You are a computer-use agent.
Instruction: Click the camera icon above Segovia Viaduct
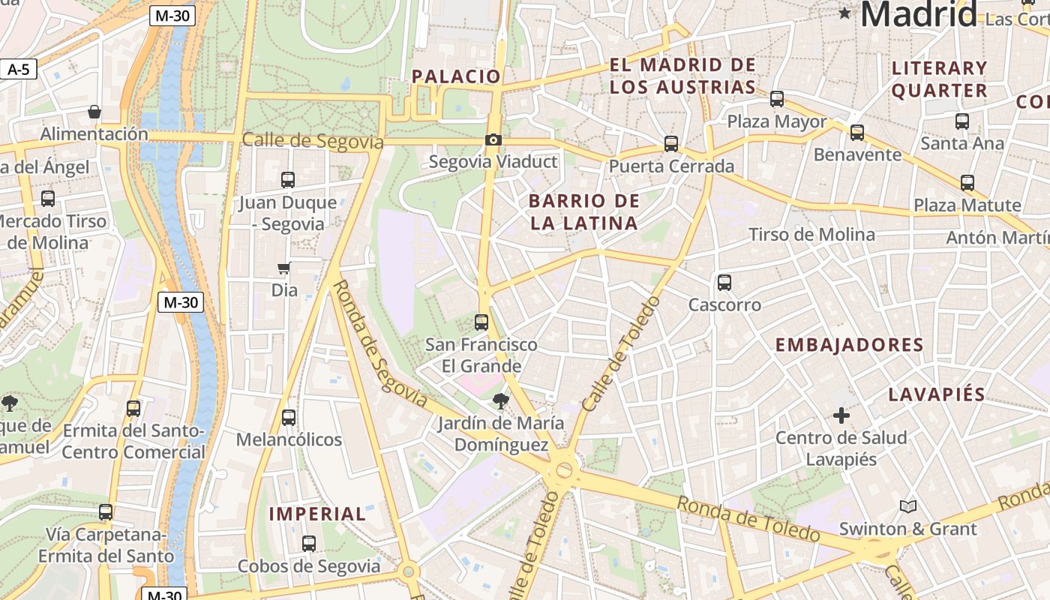[x=493, y=139]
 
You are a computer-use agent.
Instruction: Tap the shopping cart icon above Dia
[x=283, y=268]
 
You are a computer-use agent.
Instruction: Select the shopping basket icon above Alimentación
[x=94, y=112]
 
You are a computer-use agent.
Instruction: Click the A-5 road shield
[x=18, y=70]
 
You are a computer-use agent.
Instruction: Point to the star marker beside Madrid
[x=845, y=13]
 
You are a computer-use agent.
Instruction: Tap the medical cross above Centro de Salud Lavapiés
[x=841, y=415]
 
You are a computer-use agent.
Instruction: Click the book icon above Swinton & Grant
[x=908, y=506]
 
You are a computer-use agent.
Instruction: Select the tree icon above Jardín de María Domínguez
[x=500, y=401]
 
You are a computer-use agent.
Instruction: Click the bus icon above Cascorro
[x=724, y=283]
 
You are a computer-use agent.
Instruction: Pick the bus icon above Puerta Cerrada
[x=671, y=143]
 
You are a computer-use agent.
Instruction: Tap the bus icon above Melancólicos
[x=289, y=418]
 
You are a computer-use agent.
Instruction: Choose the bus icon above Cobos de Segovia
[x=308, y=544]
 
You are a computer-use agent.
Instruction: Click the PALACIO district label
[x=456, y=76]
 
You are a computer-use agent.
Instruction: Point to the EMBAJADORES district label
[x=849, y=345]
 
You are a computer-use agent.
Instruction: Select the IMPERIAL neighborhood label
[x=317, y=514]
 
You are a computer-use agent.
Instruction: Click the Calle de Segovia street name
[x=313, y=141]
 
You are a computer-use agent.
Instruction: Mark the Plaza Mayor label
[x=777, y=121]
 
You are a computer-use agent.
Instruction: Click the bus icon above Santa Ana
[x=962, y=121]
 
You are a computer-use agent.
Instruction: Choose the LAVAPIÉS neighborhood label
[x=937, y=394]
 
